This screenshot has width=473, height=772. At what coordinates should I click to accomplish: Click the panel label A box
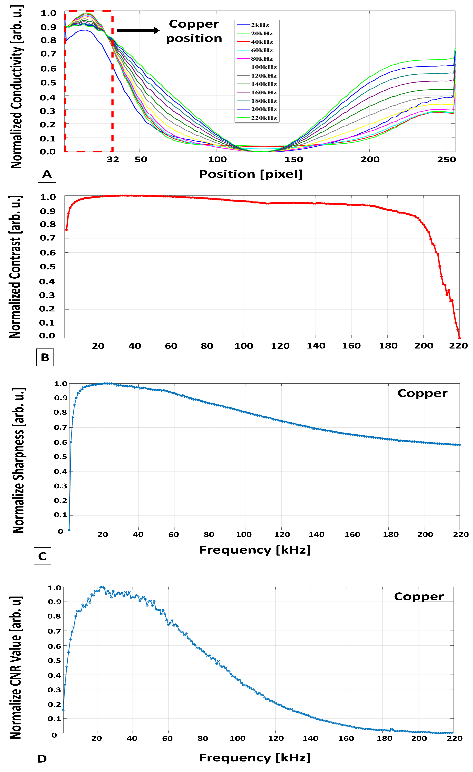(x=47, y=174)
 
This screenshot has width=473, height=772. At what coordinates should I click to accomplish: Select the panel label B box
(x=45, y=357)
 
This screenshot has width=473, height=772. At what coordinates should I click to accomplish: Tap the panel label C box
(x=42, y=556)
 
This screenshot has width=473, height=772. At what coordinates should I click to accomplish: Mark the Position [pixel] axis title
(x=251, y=174)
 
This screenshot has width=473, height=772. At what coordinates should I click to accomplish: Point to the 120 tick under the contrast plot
(x=280, y=346)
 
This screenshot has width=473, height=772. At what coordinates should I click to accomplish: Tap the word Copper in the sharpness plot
(x=422, y=393)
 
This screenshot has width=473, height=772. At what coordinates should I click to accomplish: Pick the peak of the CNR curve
(x=102, y=587)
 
